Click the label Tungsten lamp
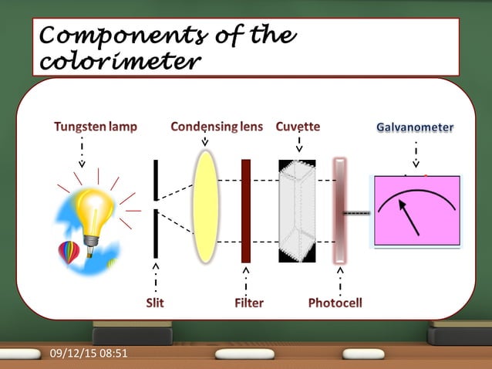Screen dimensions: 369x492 pyautogui.click(x=96, y=126)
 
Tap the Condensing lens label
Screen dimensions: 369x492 pyautogui.click(x=217, y=126)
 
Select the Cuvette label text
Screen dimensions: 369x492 pyautogui.click(x=298, y=126)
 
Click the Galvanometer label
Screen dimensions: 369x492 pyautogui.click(x=415, y=127)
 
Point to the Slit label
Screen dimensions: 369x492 pyautogui.click(x=155, y=303)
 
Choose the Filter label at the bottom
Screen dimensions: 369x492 pyautogui.click(x=248, y=303)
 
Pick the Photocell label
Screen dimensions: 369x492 pyautogui.click(x=335, y=303)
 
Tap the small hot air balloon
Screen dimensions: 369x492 pyautogui.click(x=69, y=252)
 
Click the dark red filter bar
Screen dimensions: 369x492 pyautogui.click(x=246, y=210)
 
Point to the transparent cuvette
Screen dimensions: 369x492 pyautogui.click(x=297, y=210)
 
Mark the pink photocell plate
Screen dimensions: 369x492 pyautogui.click(x=339, y=210)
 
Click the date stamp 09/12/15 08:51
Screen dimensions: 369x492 pyautogui.click(x=89, y=354)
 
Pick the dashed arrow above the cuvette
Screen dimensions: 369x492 pyautogui.click(x=299, y=144)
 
